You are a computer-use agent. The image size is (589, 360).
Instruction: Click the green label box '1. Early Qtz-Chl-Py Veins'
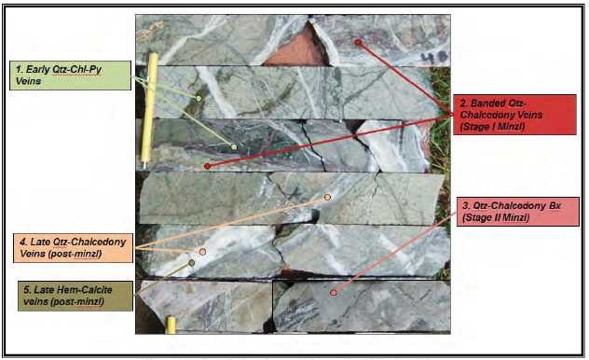pos(70,76)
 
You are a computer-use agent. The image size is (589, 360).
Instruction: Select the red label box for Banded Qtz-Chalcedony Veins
pos(514,115)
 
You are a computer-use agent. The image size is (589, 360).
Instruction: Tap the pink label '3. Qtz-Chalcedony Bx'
pos(517,212)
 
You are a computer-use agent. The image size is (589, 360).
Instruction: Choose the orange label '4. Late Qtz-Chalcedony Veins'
pos(73,248)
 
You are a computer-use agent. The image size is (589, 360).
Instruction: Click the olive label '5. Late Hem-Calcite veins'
pos(75,296)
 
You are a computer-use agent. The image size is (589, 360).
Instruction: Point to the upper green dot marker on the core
pos(199,99)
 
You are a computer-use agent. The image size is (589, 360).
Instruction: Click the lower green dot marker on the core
pos(234,146)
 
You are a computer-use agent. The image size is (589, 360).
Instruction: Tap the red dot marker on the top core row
pos(358,42)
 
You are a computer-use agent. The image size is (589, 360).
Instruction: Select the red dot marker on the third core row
pos(207,166)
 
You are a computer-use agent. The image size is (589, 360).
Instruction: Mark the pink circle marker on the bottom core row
pos(334,292)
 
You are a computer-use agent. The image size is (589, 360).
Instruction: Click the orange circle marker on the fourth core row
pos(327,198)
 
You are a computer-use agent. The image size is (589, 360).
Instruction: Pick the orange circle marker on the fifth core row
pos(202,252)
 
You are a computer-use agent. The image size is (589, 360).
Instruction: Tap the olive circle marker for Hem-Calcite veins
pos(192,263)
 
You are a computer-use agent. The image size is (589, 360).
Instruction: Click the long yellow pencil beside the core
pos(149,110)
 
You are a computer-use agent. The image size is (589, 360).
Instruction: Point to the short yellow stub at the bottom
pos(171,325)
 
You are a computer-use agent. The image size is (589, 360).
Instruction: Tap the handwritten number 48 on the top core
pos(434,57)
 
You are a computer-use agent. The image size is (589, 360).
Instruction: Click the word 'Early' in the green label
pos(37,70)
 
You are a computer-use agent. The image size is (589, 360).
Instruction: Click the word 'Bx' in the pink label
pos(555,205)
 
